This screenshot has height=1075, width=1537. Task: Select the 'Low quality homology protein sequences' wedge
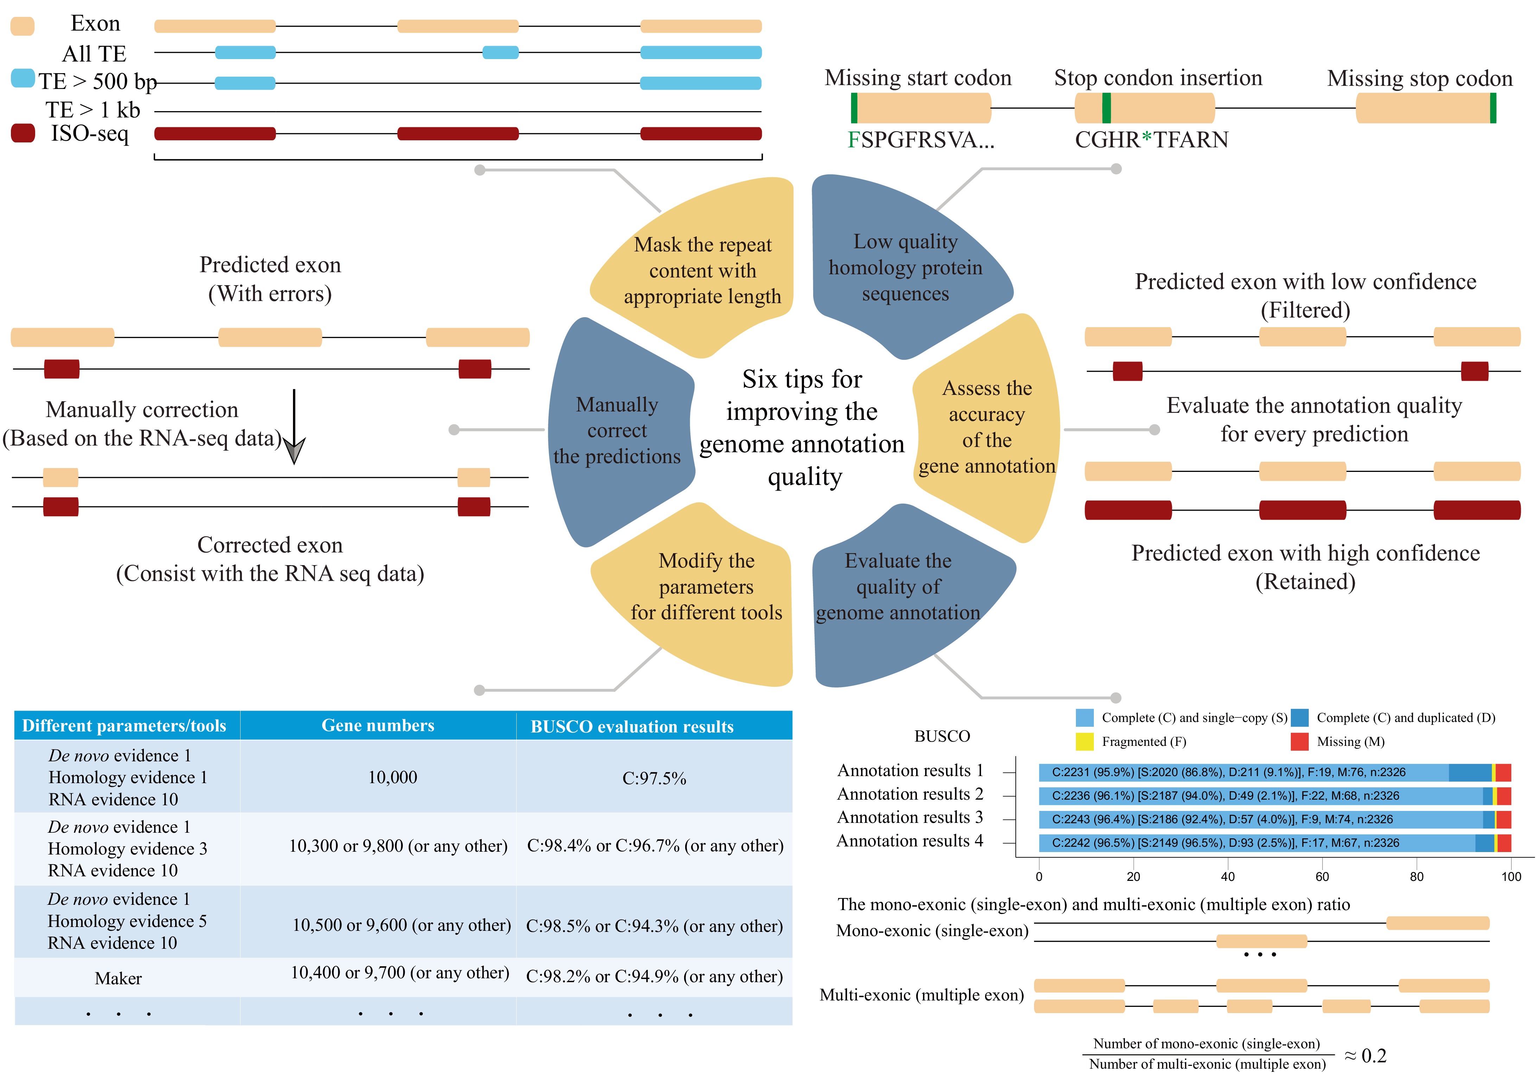click(x=905, y=268)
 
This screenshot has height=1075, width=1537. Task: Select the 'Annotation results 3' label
click(x=910, y=817)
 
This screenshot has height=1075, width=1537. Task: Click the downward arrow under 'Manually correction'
click(x=294, y=428)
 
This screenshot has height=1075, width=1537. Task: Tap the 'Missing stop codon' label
click(x=1419, y=78)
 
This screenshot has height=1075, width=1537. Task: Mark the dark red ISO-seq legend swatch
click(x=23, y=133)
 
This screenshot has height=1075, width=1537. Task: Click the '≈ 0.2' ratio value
click(x=1365, y=1056)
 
